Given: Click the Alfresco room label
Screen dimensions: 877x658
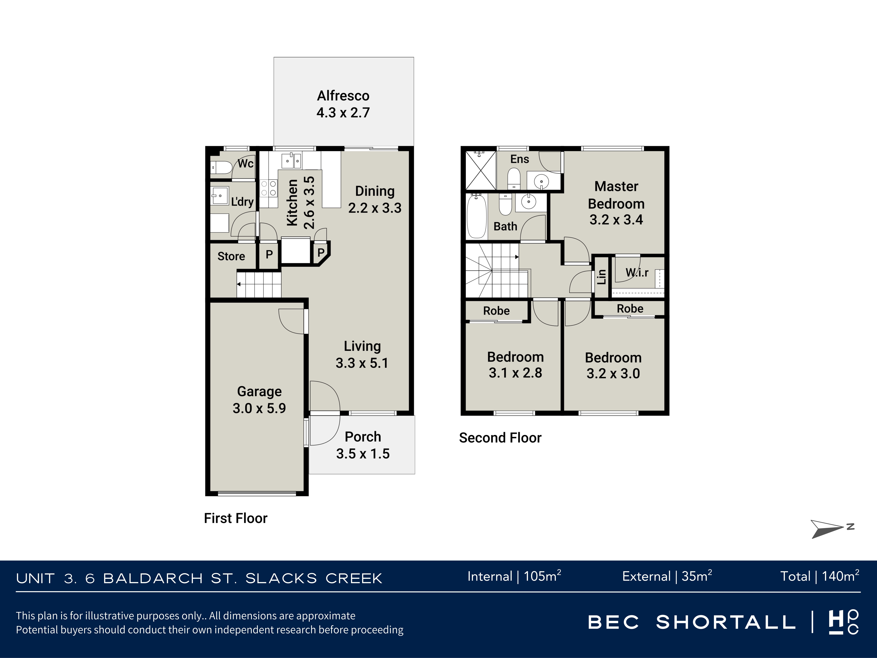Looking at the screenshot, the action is (x=343, y=96).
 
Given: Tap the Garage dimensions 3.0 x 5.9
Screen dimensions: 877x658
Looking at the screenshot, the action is (x=259, y=408).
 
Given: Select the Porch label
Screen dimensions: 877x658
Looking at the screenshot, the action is (x=363, y=437).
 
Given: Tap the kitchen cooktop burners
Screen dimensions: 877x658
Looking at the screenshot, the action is (x=268, y=188).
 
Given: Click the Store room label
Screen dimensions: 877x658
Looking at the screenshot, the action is (x=231, y=256).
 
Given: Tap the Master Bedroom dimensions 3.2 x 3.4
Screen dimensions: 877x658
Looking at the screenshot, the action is (x=616, y=219).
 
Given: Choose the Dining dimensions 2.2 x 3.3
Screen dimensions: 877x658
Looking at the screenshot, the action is (x=375, y=208).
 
